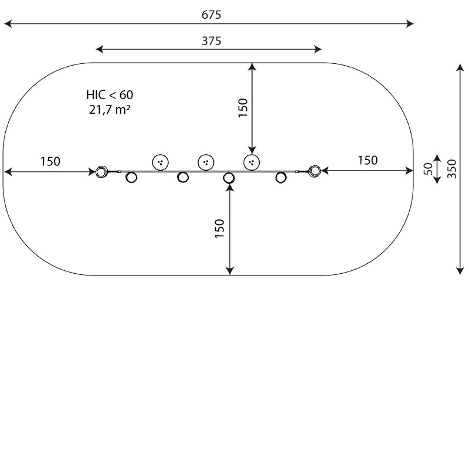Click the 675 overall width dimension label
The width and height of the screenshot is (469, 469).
[x=211, y=15]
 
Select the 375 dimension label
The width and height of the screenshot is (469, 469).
[x=211, y=40]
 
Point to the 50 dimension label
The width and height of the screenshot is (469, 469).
[x=428, y=169]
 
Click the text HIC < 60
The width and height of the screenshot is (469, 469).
[x=110, y=94]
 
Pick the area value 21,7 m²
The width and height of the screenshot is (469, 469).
[x=110, y=108]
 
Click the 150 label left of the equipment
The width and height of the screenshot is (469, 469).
[x=50, y=162]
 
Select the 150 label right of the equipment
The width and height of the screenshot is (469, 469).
[x=368, y=160]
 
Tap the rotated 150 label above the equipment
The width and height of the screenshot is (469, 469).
[x=243, y=108]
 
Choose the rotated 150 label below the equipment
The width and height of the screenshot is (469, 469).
[x=219, y=229]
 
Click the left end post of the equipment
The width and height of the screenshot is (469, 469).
[x=101, y=171]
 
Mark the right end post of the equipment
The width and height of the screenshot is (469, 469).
[x=315, y=171]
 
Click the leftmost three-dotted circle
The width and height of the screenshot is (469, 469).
[x=160, y=162]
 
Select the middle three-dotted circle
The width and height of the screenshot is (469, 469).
[x=206, y=162]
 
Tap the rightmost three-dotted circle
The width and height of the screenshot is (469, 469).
[x=252, y=162]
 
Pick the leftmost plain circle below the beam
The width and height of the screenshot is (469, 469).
[x=132, y=177]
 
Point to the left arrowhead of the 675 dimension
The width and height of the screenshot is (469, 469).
[x=7, y=24]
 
